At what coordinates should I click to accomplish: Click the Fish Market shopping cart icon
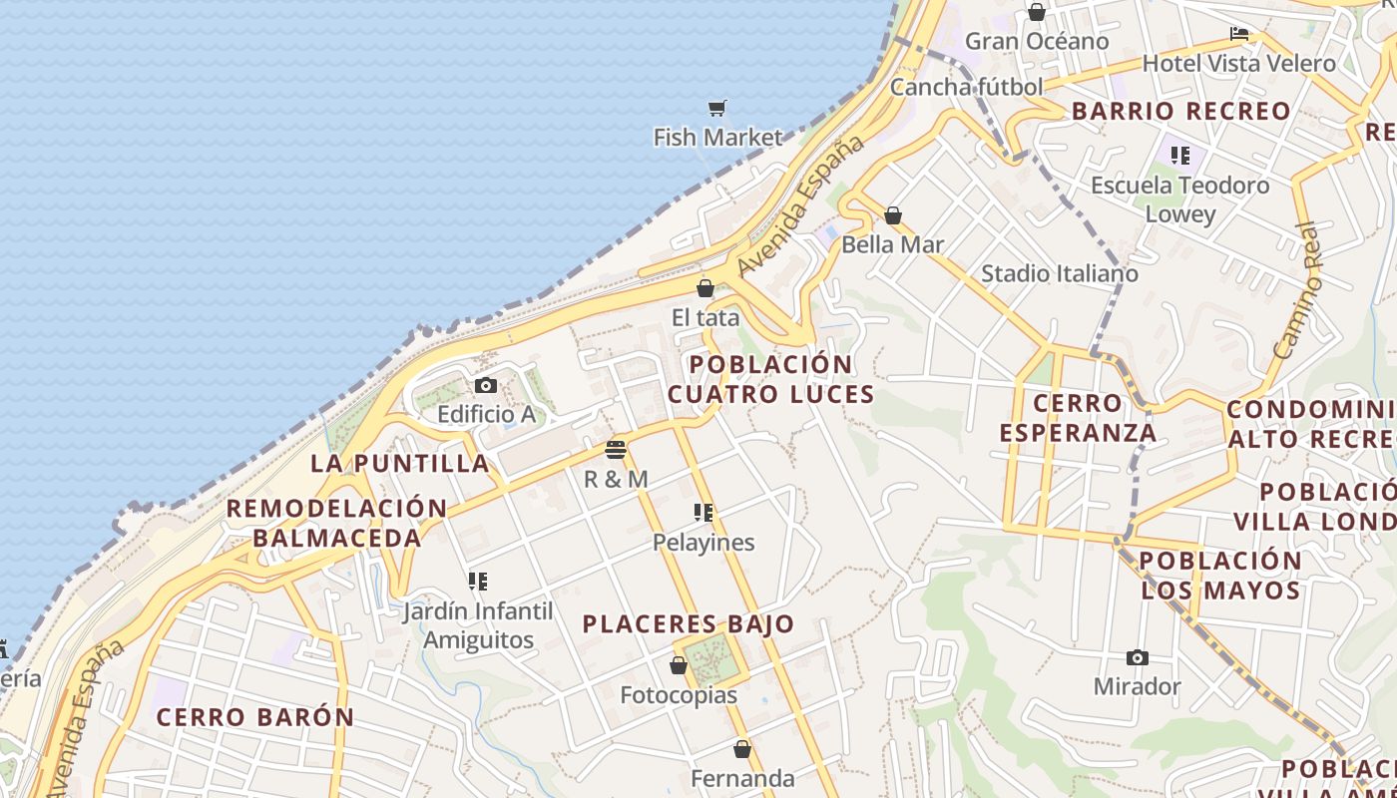[716, 108]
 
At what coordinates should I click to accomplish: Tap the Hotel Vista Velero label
[1238, 63]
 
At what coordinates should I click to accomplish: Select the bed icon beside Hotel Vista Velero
[1239, 34]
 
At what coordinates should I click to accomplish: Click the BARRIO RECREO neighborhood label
[1181, 111]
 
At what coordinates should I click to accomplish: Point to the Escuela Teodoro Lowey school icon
[1180, 156]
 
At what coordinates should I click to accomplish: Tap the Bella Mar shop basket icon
[893, 215]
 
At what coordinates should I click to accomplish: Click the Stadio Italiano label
[1059, 273]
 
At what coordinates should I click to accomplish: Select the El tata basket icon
[705, 289]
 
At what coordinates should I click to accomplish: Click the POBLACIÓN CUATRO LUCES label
[770, 379]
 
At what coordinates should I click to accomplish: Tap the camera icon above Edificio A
[486, 386]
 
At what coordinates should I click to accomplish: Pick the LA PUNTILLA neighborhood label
[400, 463]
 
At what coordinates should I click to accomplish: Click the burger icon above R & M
[616, 450]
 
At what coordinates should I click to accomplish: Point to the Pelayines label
[703, 543]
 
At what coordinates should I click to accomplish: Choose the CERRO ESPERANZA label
[1078, 418]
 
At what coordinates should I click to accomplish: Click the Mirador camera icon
[1137, 657]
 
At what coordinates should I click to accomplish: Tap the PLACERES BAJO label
[689, 624]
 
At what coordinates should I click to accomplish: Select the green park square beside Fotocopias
[710, 658]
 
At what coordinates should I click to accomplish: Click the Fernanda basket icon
[742, 749]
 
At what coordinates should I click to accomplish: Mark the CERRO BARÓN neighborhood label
[255, 717]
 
